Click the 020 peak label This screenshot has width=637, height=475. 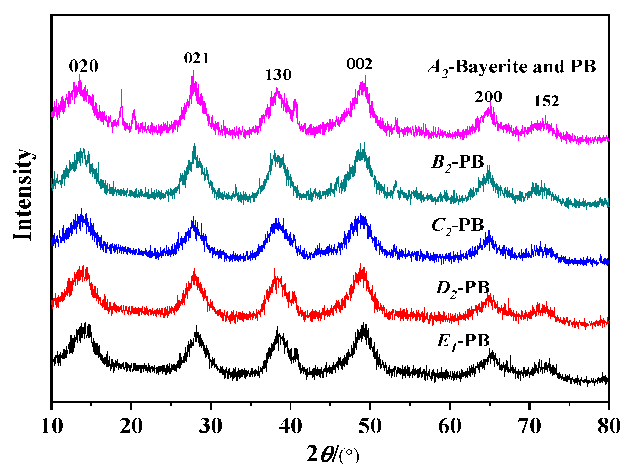(84, 66)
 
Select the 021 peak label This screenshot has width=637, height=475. (197, 58)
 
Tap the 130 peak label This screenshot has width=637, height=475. (278, 75)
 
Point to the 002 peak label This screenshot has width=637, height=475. (359, 64)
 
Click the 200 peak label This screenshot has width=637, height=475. (488, 97)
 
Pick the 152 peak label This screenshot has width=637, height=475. (546, 102)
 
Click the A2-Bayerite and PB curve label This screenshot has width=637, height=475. (512, 67)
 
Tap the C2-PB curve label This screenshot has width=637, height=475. (458, 226)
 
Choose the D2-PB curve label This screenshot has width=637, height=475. (462, 288)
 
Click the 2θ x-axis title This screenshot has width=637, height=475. (332, 455)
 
